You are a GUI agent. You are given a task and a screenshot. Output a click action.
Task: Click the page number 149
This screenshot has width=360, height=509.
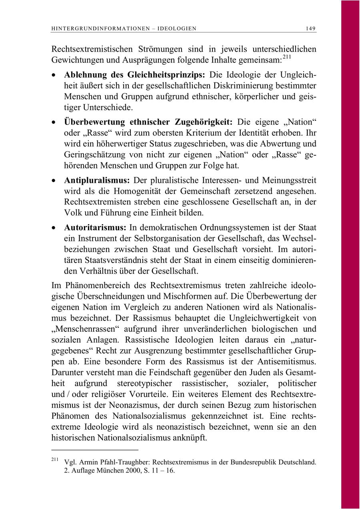310,28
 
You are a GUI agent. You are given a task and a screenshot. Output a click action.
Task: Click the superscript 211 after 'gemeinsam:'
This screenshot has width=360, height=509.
287,57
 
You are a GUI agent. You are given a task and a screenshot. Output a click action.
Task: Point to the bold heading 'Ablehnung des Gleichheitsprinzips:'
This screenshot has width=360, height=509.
135,75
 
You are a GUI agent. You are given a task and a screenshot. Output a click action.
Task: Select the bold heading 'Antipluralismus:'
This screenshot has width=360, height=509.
98,181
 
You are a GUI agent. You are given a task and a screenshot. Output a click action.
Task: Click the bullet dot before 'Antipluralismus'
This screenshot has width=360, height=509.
54,181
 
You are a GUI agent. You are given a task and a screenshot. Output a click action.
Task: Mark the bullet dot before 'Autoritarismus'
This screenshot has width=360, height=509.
54,228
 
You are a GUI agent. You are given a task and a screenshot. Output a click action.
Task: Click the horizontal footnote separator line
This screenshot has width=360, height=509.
95,450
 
